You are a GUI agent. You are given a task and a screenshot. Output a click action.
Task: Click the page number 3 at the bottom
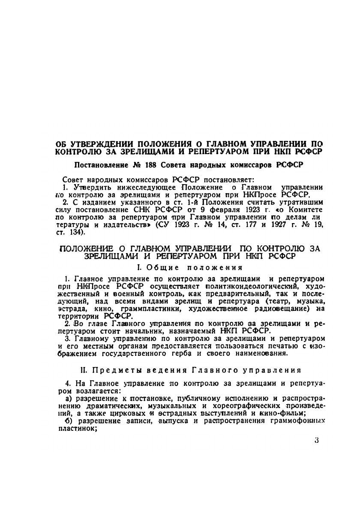316,441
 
